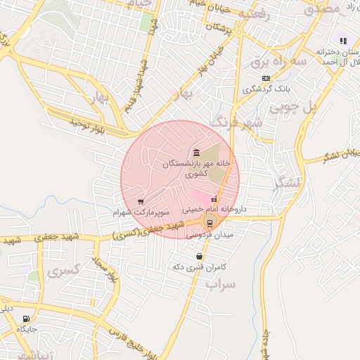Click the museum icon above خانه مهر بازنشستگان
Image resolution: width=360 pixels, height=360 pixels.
pyautogui.click(x=195, y=153)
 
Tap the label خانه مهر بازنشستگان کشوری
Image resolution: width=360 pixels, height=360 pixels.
pyautogui.click(x=196, y=167)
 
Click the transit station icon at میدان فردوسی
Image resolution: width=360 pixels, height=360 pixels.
pyautogui.click(x=208, y=224)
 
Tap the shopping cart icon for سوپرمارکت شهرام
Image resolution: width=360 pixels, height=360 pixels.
pyautogui.click(x=141, y=201)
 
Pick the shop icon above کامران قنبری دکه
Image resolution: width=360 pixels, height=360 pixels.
pyautogui.click(x=200, y=256)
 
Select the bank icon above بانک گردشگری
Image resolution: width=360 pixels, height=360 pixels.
pyautogui.click(x=265, y=78)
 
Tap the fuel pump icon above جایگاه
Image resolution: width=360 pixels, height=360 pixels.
pyautogui.click(x=27, y=319)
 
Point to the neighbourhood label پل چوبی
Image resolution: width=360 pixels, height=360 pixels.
pyautogui.click(x=309, y=107)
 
